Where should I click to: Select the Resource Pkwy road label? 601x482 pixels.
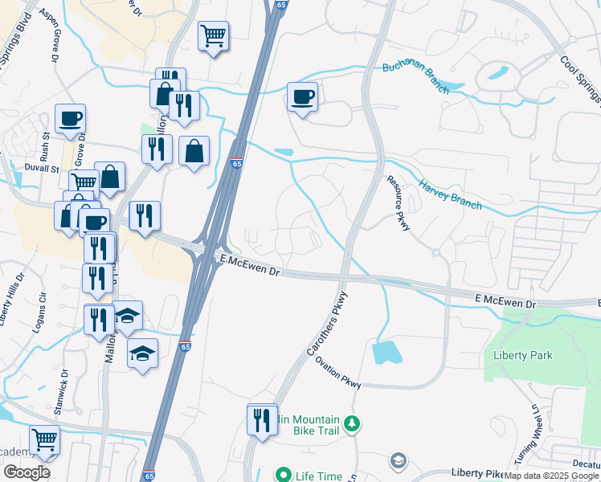coord(399,205)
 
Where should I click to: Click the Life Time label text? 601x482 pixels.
coord(315,476)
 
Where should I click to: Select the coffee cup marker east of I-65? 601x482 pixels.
coord(302,98)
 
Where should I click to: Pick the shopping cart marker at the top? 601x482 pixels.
coord(213,35)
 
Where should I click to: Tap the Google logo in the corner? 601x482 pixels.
coord(27,472)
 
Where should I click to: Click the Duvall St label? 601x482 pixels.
coord(43,170)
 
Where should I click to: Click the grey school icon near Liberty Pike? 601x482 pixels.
coord(397,461)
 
